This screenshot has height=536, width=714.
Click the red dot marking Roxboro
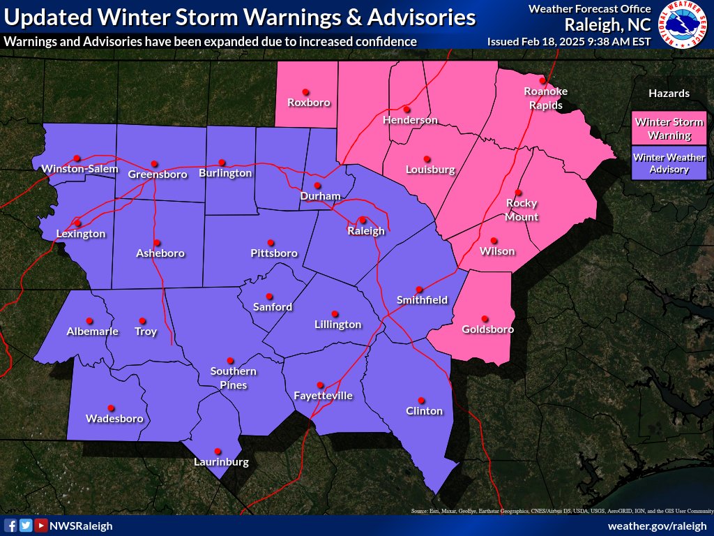click(305, 91)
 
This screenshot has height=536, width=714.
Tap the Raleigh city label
click(366, 231)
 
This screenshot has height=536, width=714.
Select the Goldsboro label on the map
click(488, 329)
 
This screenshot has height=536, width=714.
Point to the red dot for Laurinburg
click(218, 451)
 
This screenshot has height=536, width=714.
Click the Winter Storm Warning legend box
click(669, 128)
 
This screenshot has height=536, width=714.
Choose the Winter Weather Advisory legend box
click(669, 163)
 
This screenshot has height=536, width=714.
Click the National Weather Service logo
click(683, 24)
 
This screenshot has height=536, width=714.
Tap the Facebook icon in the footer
click(10, 526)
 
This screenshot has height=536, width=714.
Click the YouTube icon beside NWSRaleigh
click(41, 526)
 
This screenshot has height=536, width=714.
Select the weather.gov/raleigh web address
click(658, 526)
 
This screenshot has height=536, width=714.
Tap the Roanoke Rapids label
click(546, 98)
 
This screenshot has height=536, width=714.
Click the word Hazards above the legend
click(669, 93)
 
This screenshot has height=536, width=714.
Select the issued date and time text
click(569, 41)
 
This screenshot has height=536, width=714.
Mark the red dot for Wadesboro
click(110, 408)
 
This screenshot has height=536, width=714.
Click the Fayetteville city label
click(323, 396)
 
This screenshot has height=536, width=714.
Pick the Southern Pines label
click(234, 378)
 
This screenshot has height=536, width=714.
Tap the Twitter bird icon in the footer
click(26, 526)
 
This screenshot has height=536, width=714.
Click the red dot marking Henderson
click(407, 109)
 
